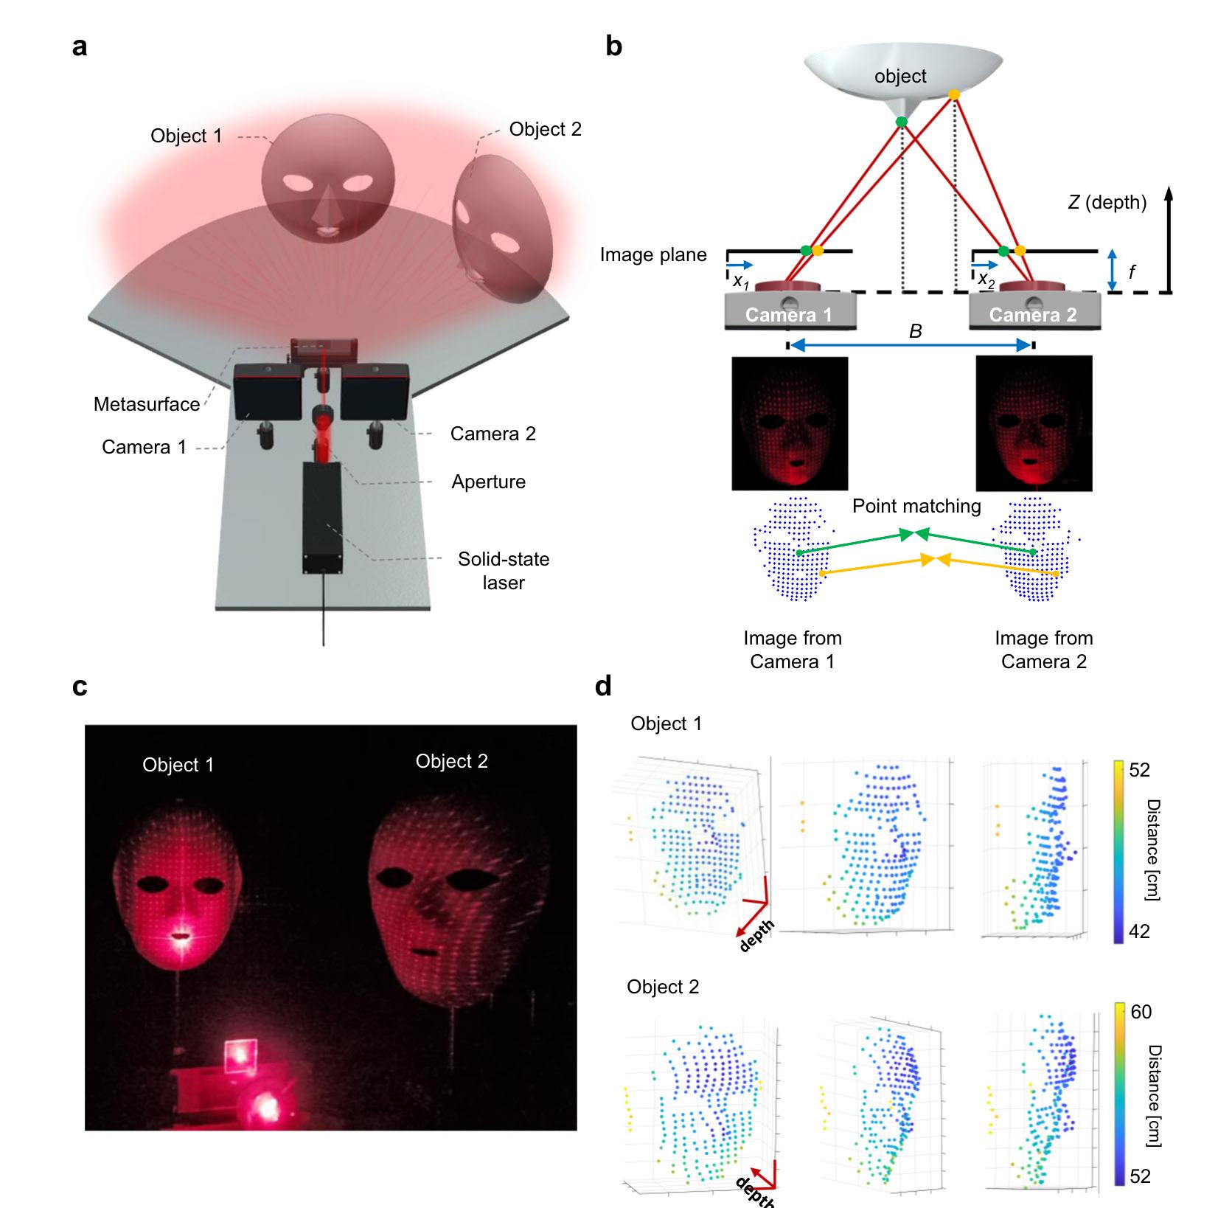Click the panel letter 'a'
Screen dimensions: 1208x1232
click(x=80, y=46)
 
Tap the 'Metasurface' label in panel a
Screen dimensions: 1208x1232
click(x=146, y=404)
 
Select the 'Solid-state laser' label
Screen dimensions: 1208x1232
click(x=504, y=570)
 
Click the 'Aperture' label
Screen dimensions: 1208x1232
click(x=488, y=482)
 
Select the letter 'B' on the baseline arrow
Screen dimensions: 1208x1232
click(x=915, y=332)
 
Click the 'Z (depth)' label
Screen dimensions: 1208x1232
click(x=1107, y=202)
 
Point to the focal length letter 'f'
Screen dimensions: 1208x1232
click(x=1132, y=272)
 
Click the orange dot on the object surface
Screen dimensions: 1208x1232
click(x=953, y=95)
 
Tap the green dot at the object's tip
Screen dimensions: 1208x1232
click(x=901, y=122)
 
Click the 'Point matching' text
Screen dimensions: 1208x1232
click(x=916, y=506)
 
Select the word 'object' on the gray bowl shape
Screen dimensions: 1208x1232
click(x=900, y=76)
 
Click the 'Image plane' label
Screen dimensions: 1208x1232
click(x=652, y=255)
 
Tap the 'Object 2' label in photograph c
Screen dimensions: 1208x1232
click(x=451, y=761)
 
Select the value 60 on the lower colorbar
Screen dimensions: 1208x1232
click(x=1141, y=1012)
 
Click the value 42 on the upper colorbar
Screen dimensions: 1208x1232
click(x=1139, y=931)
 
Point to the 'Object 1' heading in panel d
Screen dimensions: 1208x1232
click(x=666, y=723)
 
